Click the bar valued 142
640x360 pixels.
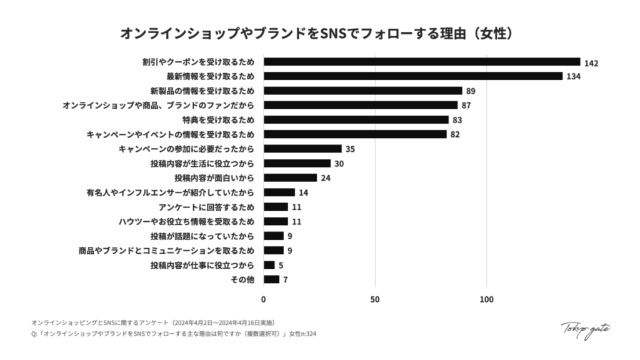tap(422, 61)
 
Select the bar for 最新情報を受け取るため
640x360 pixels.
tap(413, 76)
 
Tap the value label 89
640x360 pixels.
tap(471, 91)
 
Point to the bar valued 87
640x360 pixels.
tap(361, 105)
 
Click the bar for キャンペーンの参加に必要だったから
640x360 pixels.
tap(302, 149)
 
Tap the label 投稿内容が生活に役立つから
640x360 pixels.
tap(202, 163)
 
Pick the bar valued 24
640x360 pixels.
tap(290, 177)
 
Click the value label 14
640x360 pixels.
tap(304, 192)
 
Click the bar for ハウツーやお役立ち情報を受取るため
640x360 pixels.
tap(276, 221)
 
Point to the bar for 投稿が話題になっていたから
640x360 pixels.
tap(274, 236)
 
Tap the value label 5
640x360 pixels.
tap(281, 265)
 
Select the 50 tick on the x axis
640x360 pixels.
tap(375, 299)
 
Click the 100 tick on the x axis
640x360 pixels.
tap(487, 299)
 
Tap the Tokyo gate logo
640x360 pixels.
tap(586, 329)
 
